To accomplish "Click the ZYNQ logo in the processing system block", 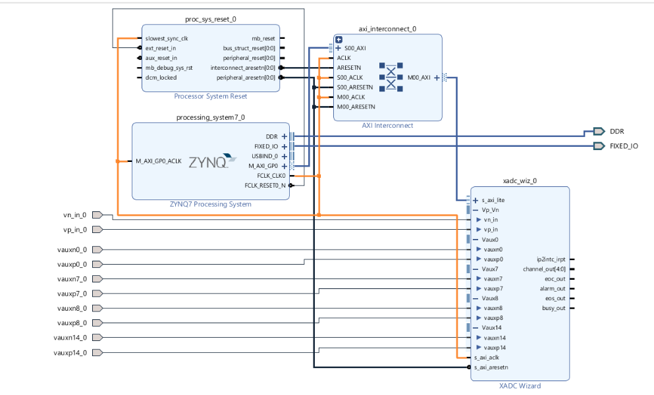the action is coord(213,161).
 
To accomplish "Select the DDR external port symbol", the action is coord(599,132).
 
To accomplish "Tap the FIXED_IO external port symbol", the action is coord(599,146).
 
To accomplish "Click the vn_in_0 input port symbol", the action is coord(97,215).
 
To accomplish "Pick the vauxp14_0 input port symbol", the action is coord(97,352).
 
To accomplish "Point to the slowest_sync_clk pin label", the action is coord(167,38).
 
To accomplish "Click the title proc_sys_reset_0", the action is coord(211,19).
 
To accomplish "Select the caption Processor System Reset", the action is coord(211,96).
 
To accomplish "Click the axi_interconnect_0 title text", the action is coord(387,29).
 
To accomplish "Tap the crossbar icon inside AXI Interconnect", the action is coord(391,77).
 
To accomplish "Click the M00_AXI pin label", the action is coord(419,78).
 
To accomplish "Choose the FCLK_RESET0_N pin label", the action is coord(265,186).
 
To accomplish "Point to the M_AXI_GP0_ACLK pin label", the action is coord(159,161).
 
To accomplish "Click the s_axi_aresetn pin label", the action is coord(491,367).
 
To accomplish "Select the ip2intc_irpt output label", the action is coord(551,259).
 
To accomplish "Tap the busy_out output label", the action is coord(553,308).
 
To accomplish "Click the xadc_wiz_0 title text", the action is coord(520,180).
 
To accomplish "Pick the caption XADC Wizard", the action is coord(520,386).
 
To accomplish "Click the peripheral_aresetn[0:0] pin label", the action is coord(246,78).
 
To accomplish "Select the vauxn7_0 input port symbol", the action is coord(97,278).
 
